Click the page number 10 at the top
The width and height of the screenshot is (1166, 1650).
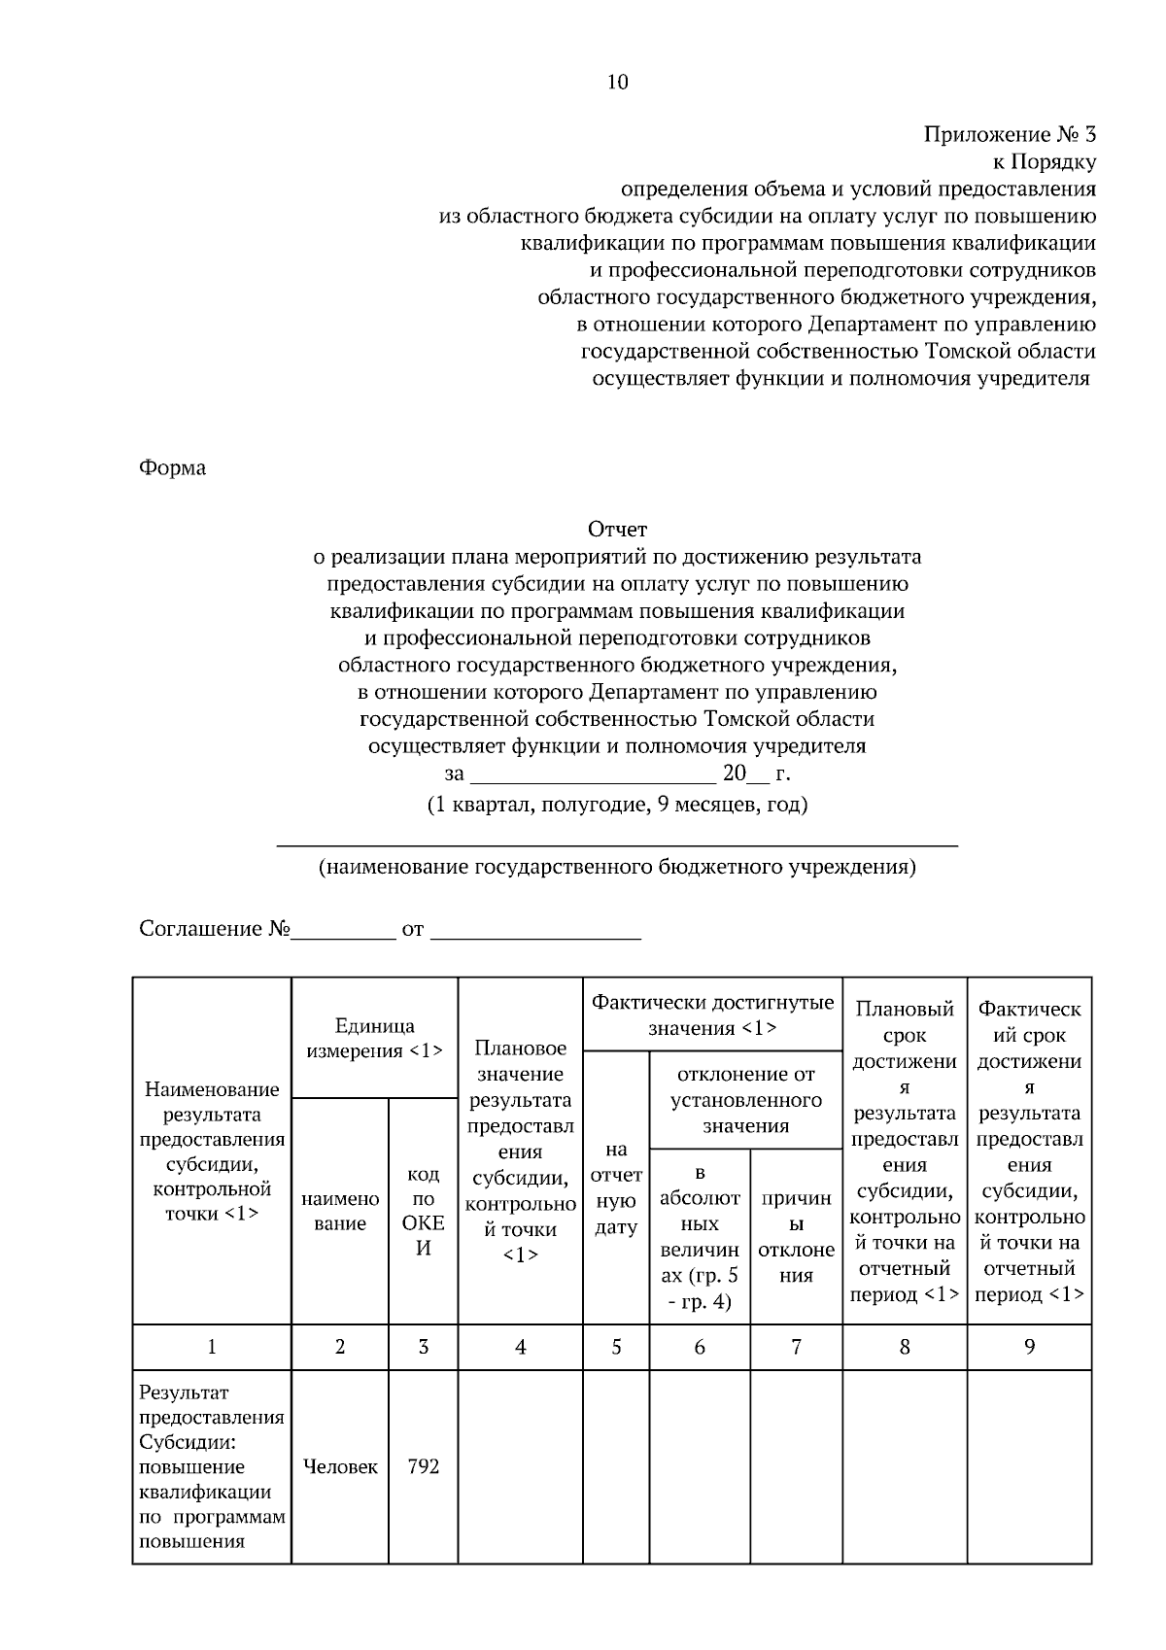pyautogui.click(x=617, y=83)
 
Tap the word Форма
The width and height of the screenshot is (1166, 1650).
pyautogui.click(x=172, y=468)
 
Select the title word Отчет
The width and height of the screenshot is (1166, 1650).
pyautogui.click(x=617, y=530)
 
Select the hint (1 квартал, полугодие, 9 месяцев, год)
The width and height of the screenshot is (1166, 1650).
pyautogui.click(x=617, y=805)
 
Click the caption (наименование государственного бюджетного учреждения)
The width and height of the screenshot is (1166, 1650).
pyautogui.click(x=617, y=867)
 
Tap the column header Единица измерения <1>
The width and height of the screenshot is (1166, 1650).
pyautogui.click(x=374, y=1038)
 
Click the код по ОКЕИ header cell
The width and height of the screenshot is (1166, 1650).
pyautogui.click(x=423, y=1211)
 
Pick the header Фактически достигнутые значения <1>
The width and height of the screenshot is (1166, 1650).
pyautogui.click(x=712, y=1014)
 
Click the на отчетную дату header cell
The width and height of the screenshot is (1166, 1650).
pyautogui.click(x=615, y=1188)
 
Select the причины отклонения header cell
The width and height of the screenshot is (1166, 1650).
pyautogui.click(x=796, y=1237)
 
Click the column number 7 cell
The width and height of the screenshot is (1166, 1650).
pyautogui.click(x=796, y=1348)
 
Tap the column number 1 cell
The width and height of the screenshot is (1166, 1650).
pyautogui.click(x=212, y=1348)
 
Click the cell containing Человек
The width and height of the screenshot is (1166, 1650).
pyautogui.click(x=340, y=1466)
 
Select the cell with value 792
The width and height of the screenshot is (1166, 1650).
pyautogui.click(x=423, y=1466)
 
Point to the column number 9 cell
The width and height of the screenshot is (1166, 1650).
pyautogui.click(x=1029, y=1348)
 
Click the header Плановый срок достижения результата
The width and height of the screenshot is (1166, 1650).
pyautogui.click(x=904, y=1152)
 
